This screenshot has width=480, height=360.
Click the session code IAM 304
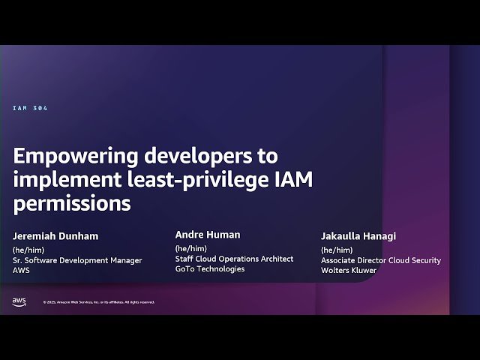pos(30,109)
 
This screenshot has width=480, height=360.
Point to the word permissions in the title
pos(72,204)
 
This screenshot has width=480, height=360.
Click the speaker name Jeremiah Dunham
pos(55,236)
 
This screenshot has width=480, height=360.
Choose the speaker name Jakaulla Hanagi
pos(358,236)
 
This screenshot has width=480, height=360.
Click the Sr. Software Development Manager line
pos(77,260)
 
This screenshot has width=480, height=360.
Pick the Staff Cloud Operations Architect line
pos(234,259)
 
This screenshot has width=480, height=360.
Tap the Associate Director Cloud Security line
pos(381,260)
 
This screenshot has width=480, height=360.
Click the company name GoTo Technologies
pos(210,268)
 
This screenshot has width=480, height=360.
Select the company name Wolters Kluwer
pos(349,270)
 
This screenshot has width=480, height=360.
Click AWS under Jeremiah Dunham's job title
pos(21,270)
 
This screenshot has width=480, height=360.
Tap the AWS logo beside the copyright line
pos(19,301)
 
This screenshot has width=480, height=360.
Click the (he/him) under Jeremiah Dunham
pos(25,250)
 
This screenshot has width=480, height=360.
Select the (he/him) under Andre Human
pos(190,248)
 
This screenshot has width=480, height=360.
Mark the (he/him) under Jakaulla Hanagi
pos(337,250)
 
